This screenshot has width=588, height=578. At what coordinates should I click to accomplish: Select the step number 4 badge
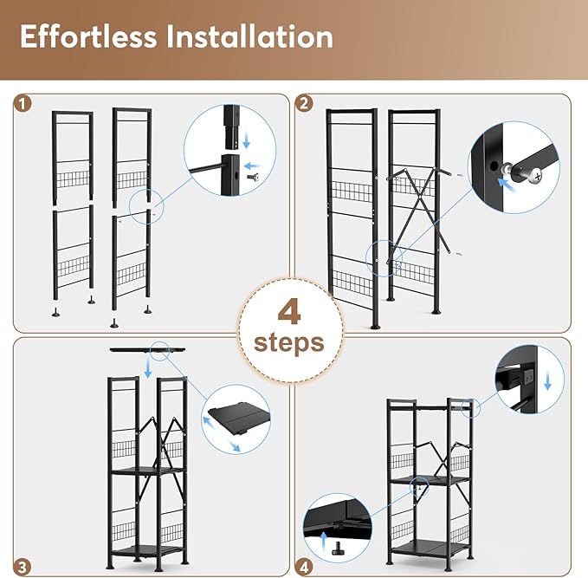[x=304, y=568]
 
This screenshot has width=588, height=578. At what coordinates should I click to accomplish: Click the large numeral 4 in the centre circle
[x=288, y=310]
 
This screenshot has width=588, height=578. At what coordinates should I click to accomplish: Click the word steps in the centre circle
[x=288, y=341]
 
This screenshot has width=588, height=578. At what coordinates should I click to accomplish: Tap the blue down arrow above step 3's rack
[x=148, y=369]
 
